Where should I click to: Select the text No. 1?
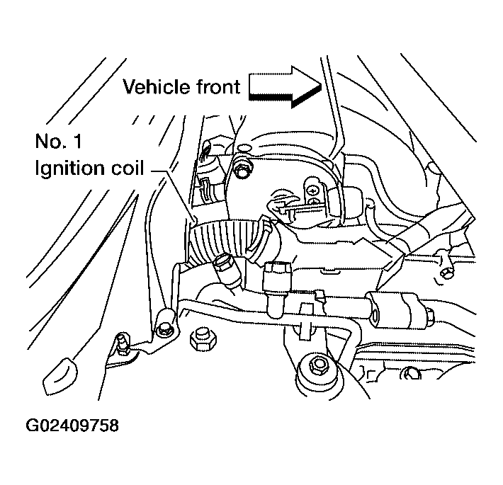[x=58, y=142]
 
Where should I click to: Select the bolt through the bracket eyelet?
[x=164, y=327]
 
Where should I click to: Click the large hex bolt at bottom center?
[x=317, y=366]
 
